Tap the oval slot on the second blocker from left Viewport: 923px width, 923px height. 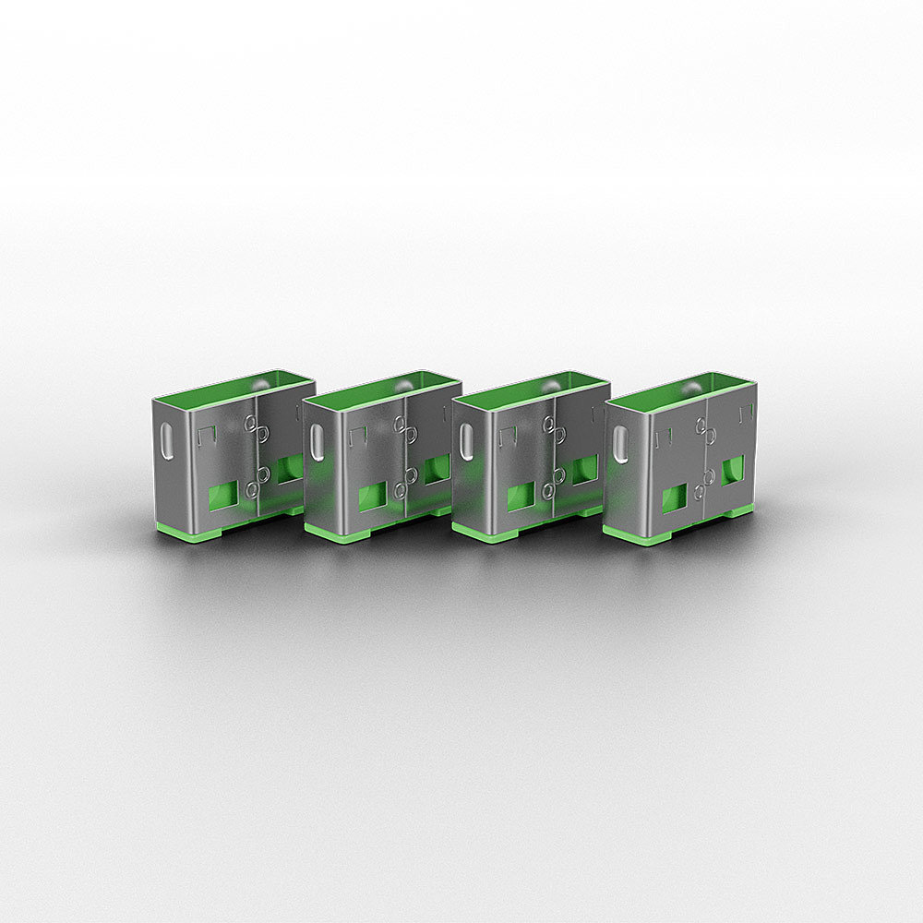(x=317, y=442)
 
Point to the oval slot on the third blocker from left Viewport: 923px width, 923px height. (x=466, y=441)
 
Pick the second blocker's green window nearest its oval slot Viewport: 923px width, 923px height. (x=371, y=497)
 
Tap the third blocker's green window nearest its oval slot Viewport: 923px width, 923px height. (x=521, y=497)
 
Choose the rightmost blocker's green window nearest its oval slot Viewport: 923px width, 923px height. (x=675, y=497)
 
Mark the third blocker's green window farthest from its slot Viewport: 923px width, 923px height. (x=583, y=470)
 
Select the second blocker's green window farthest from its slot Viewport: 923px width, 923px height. (x=436, y=469)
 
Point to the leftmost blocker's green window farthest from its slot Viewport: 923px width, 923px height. (x=289, y=469)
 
